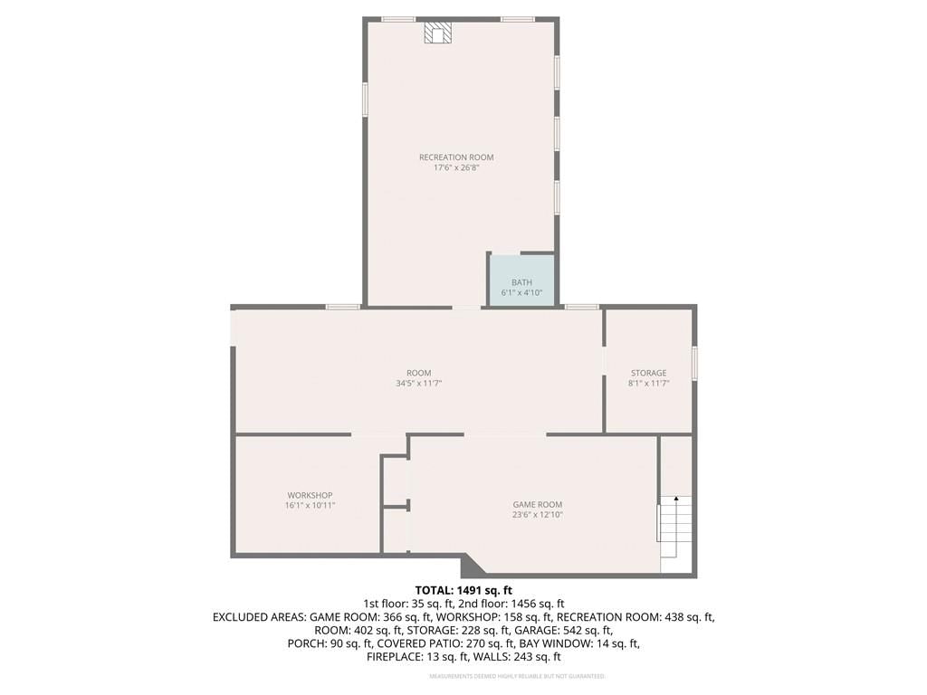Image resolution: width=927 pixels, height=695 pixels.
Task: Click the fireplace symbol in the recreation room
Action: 437,33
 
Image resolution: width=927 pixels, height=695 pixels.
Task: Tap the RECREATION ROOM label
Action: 456,157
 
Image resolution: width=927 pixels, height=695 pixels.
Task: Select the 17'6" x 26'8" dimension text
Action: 456,167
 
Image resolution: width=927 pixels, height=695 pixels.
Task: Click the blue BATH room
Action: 522,281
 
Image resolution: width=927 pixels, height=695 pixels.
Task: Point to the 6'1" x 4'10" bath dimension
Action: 522,292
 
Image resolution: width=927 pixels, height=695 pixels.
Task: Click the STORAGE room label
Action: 648,373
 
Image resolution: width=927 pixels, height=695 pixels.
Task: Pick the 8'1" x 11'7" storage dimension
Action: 648,384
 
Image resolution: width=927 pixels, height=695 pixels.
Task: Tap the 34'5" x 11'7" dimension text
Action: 419,384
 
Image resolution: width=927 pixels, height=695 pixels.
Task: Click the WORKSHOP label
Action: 310,495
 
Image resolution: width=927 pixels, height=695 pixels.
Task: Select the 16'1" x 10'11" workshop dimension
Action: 310,506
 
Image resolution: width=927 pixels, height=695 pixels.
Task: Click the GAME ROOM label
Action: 538,505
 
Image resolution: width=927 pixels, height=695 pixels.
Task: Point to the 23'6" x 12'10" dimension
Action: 538,515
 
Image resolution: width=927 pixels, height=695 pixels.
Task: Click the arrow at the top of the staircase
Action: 675,500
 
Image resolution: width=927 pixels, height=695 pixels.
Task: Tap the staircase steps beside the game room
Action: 674,527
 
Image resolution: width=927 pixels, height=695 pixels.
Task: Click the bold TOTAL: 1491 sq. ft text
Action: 463,590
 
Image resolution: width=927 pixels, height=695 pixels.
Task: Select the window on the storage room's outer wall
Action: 695,362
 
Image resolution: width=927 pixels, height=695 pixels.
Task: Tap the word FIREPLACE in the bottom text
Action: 391,657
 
